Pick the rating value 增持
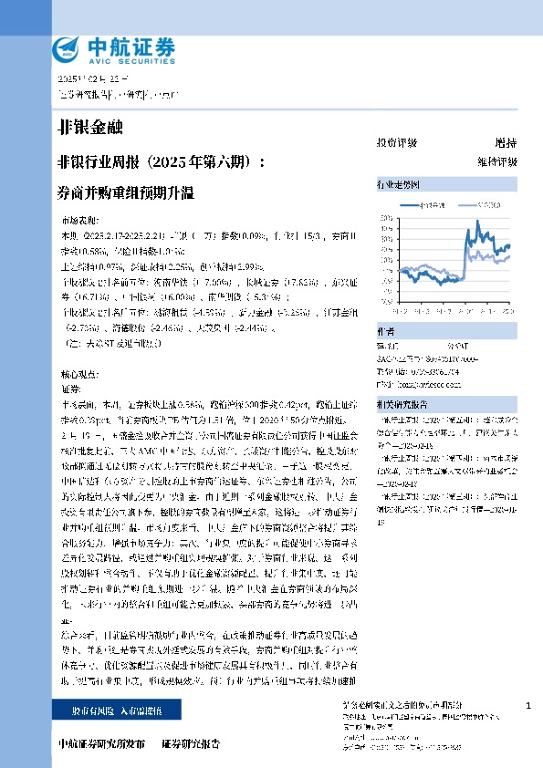(x=505, y=143)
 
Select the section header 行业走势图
(x=397, y=184)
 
